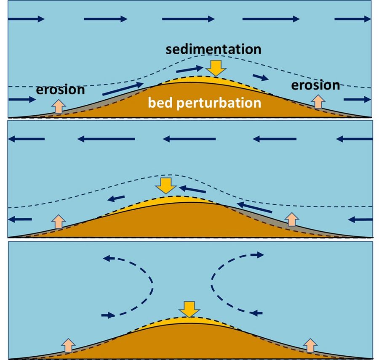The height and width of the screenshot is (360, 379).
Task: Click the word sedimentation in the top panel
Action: [x=214, y=49]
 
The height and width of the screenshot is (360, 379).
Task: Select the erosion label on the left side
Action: [x=60, y=89]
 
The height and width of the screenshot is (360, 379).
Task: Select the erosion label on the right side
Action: [x=315, y=85]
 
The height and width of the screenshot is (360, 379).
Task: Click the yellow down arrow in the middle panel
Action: [x=167, y=185]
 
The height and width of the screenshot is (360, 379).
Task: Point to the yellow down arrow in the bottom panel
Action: [x=189, y=309]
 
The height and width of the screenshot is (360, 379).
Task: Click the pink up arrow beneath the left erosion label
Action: [x=59, y=106]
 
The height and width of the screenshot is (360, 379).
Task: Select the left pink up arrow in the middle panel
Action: [x=59, y=221]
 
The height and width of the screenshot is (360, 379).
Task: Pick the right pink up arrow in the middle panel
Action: [x=291, y=219]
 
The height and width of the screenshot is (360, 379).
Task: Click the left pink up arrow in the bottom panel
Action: [x=69, y=344]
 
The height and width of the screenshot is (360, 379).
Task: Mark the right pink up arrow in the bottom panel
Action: [x=310, y=344]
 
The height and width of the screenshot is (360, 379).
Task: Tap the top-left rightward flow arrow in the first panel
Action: [x=26, y=19]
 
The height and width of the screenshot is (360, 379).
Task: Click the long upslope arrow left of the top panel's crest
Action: [x=123, y=89]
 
